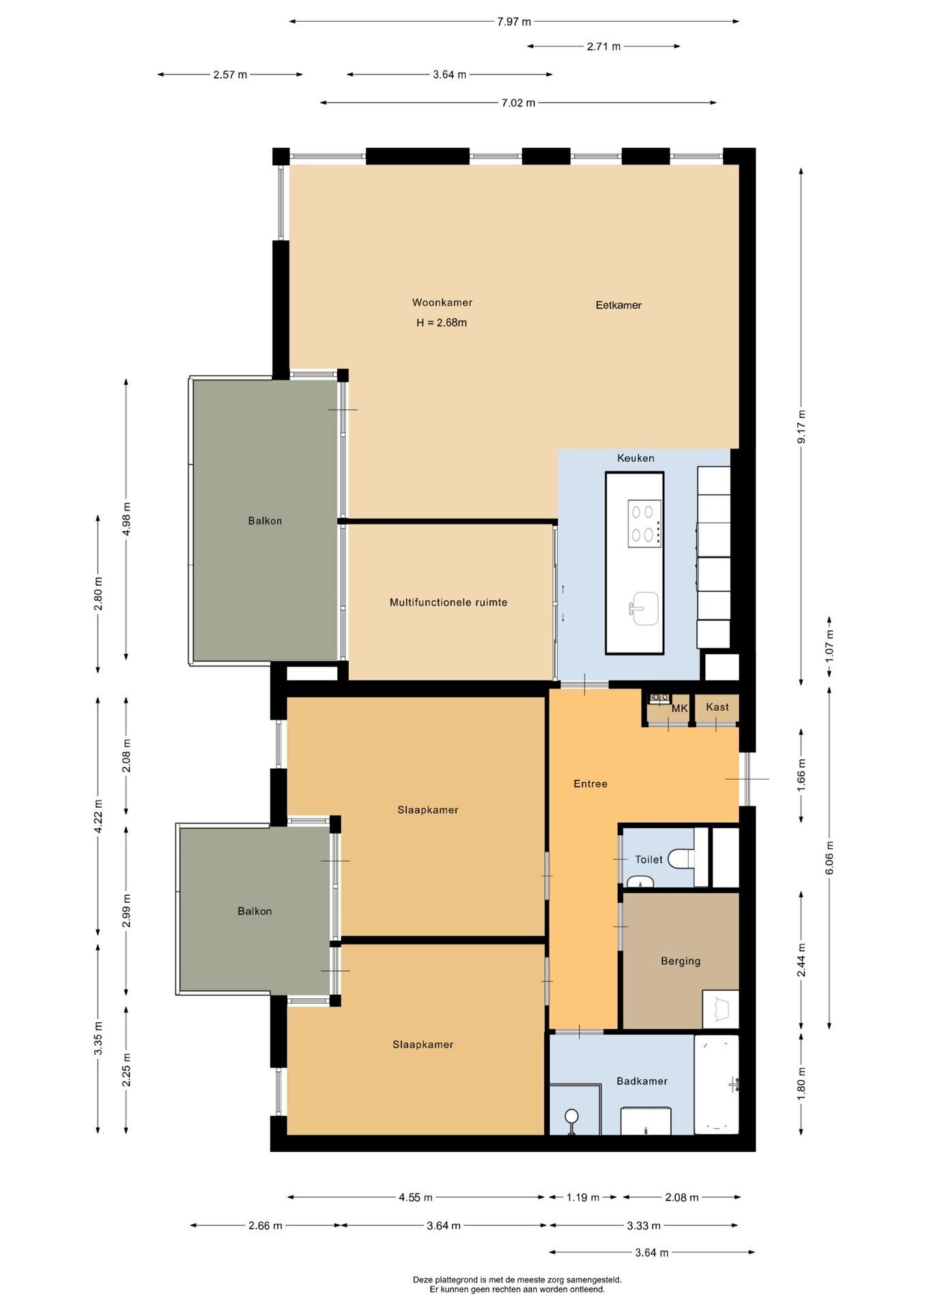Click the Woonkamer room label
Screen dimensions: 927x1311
442,302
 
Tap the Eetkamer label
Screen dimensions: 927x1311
618,305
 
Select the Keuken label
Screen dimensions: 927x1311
636,458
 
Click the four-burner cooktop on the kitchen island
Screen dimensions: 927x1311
644,523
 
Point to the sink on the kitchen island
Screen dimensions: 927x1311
643,608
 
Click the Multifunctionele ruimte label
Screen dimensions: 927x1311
448,602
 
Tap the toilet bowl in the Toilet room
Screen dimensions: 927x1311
681,858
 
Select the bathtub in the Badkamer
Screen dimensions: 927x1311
717,1084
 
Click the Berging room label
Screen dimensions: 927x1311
681,961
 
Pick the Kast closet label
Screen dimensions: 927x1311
717,707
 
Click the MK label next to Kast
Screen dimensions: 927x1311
679,708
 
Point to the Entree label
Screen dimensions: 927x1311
590,784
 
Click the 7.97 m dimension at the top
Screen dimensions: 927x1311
514,21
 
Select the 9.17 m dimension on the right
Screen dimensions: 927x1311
801,427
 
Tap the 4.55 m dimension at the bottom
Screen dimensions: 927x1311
416,1197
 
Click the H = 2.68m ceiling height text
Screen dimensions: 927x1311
442,322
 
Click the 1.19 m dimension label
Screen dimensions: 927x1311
583,1197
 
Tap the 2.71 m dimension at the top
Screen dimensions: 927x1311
603,46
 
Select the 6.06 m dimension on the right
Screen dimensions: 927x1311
830,858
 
